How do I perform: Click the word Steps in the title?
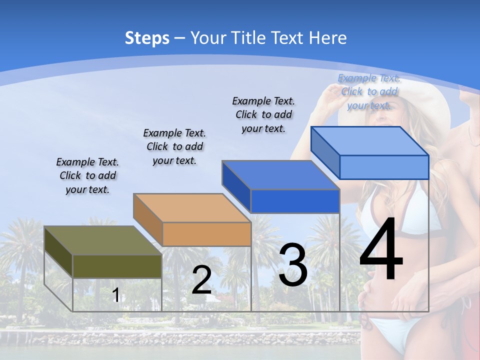pos(147,38)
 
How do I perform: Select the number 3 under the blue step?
pos(293,265)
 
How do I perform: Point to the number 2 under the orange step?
pos(201,280)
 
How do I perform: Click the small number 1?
pos(115,295)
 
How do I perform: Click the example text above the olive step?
pos(87,176)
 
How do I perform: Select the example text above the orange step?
pos(174,146)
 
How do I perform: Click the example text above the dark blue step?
pos(263,114)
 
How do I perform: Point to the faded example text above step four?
pos(369,91)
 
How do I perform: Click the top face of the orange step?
pos(192,208)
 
